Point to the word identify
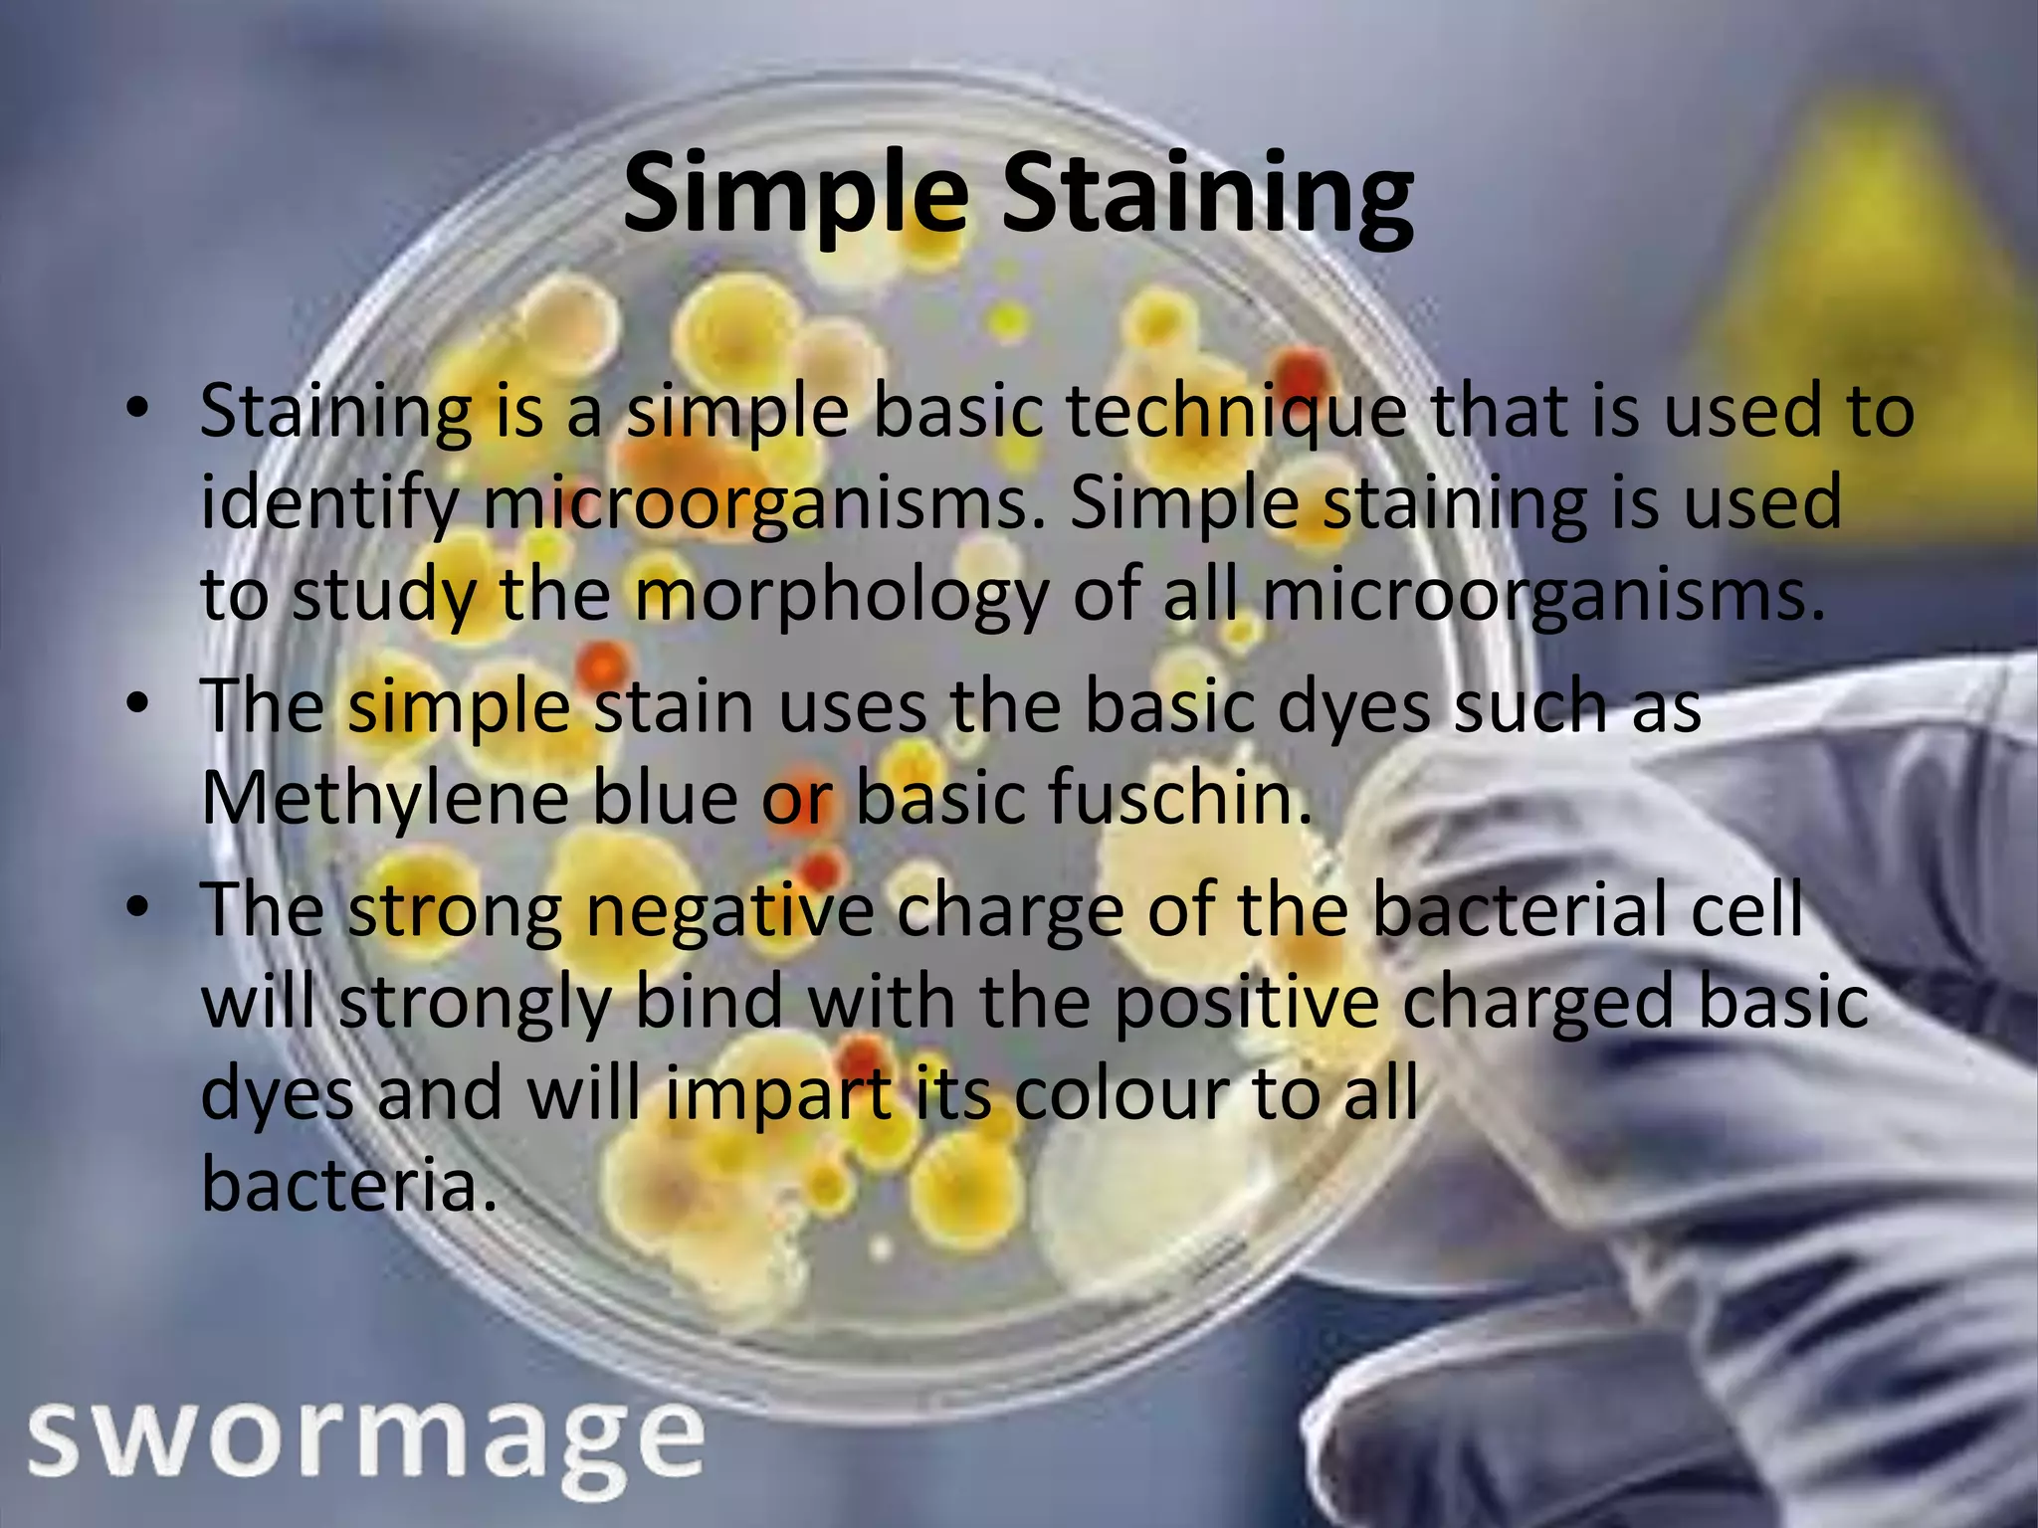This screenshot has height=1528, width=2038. [327, 505]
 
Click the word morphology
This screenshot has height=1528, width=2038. [842, 597]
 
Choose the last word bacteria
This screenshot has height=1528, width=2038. [347, 1185]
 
